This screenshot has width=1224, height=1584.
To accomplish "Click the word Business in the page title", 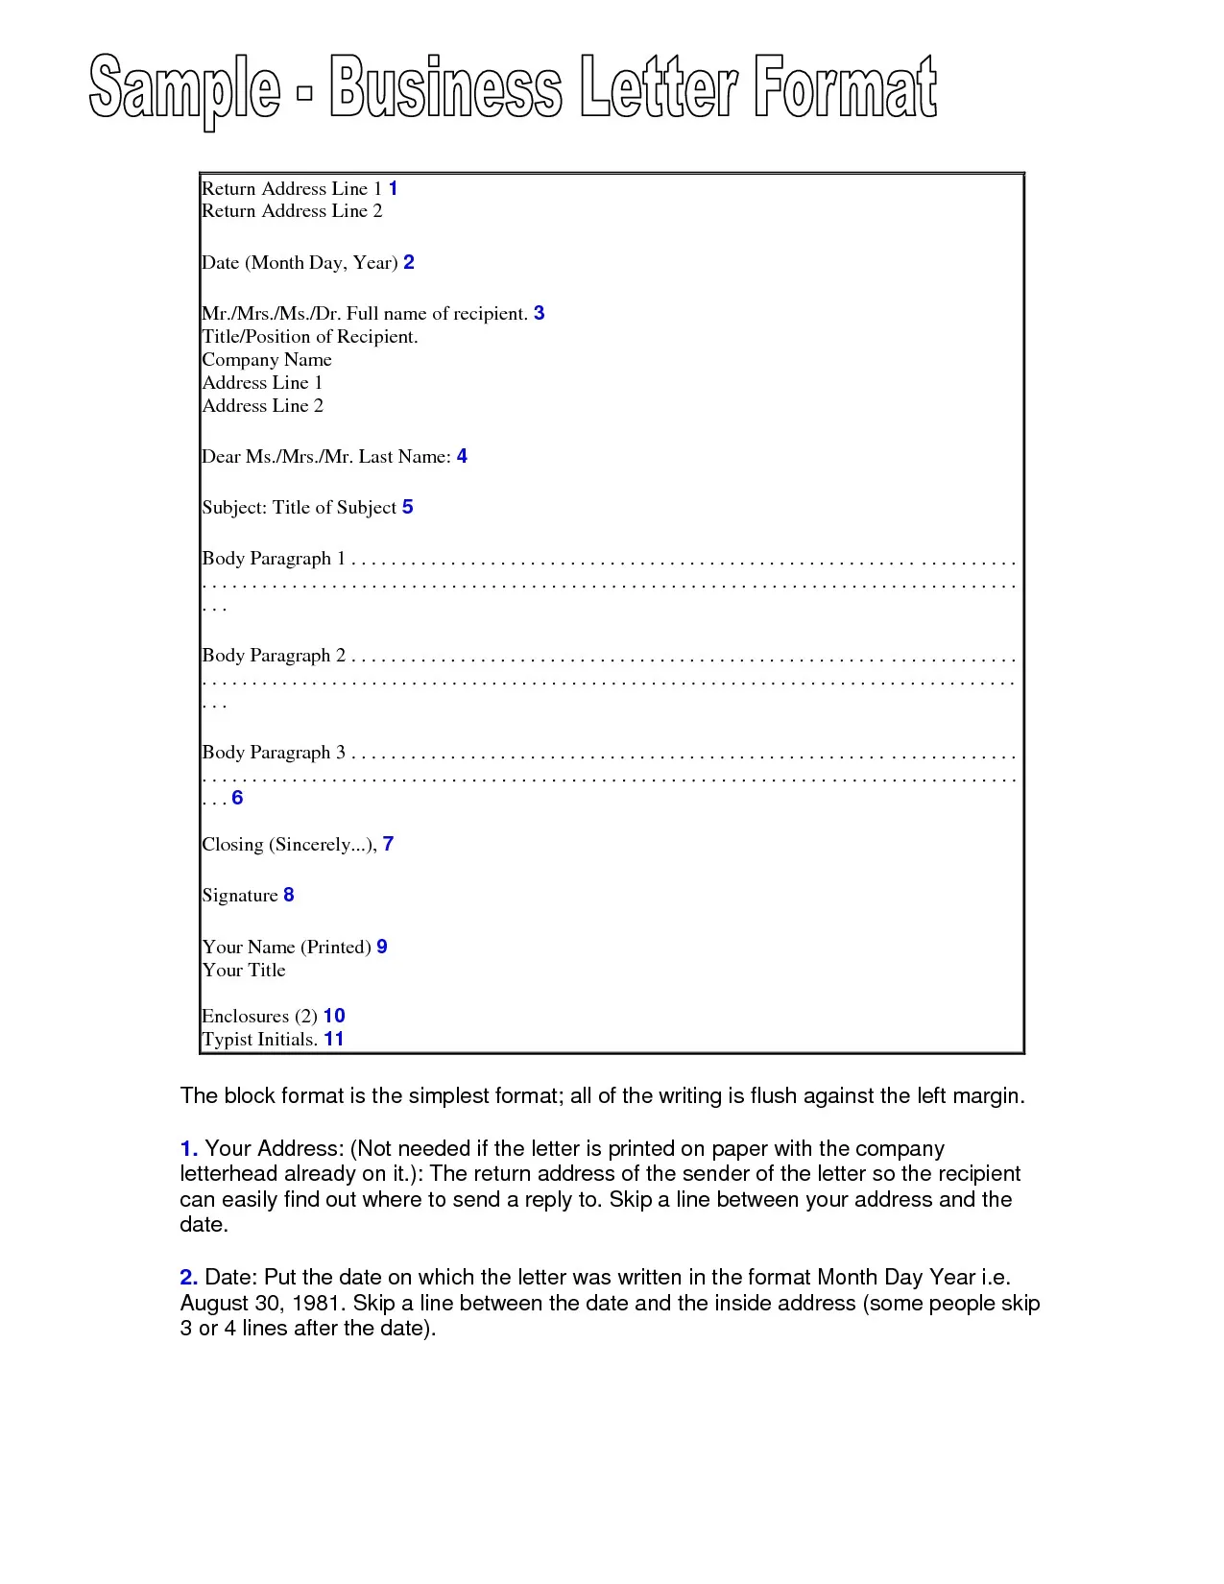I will (445, 88).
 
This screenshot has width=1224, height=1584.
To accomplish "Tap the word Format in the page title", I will (845, 88).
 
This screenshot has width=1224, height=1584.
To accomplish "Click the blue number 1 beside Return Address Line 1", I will (393, 188).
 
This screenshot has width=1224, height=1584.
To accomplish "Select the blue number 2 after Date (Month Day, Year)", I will (409, 262).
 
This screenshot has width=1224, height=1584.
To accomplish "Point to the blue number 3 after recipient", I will (539, 313).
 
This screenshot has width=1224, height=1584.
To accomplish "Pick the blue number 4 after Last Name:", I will (462, 456).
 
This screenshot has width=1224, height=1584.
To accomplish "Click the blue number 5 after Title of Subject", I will (408, 507).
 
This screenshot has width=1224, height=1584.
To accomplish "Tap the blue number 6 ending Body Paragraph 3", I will (237, 798).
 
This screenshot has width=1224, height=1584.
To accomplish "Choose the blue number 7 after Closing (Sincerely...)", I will (388, 844).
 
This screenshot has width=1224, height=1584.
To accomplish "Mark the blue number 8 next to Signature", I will (289, 895).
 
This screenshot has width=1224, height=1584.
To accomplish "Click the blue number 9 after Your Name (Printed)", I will (382, 947).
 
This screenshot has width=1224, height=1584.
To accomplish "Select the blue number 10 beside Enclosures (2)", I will (334, 1016).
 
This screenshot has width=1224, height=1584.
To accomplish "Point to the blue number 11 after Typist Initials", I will (333, 1039).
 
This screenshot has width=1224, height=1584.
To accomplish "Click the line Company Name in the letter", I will (267, 360).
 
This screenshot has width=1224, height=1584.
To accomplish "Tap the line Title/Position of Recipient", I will (309, 337).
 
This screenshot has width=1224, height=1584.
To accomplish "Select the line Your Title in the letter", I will (244, 971).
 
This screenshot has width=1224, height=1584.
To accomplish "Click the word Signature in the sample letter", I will (240, 896).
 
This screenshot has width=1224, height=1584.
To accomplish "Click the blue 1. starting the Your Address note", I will (189, 1149).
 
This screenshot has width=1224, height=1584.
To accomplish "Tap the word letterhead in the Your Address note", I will (228, 1174).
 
